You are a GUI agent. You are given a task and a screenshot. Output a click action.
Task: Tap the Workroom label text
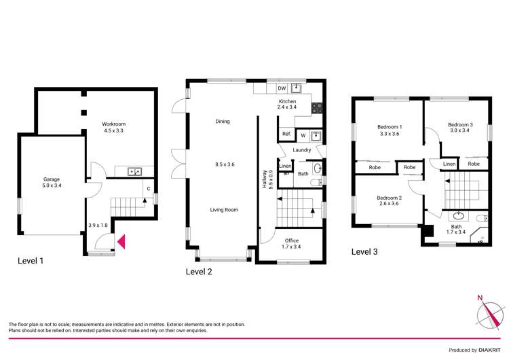(x=114, y=124)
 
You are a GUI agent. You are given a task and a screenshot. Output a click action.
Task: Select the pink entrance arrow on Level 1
(x=121, y=240)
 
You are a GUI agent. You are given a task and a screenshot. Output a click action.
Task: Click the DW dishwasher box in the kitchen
(x=281, y=88)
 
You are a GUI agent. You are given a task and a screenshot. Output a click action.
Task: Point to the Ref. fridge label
(x=286, y=134)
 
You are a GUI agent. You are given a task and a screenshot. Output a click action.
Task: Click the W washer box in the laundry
(x=303, y=134)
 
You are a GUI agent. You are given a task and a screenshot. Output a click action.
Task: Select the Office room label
(x=292, y=241)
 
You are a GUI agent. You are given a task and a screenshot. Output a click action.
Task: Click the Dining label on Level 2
(x=223, y=122)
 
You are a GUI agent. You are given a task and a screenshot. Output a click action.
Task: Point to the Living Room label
(x=223, y=210)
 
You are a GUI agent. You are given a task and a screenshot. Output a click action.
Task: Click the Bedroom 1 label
(x=390, y=127)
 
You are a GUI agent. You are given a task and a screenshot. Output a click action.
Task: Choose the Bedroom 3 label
(x=459, y=124)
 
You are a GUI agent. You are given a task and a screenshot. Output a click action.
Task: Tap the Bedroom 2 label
(x=390, y=198)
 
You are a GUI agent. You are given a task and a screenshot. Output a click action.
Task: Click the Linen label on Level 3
(x=449, y=164)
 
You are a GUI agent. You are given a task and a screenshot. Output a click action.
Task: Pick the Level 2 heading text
(x=199, y=272)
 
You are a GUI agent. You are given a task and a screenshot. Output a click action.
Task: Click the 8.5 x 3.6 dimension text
(x=223, y=164)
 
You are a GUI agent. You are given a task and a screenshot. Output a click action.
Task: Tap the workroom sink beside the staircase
(x=134, y=172)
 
